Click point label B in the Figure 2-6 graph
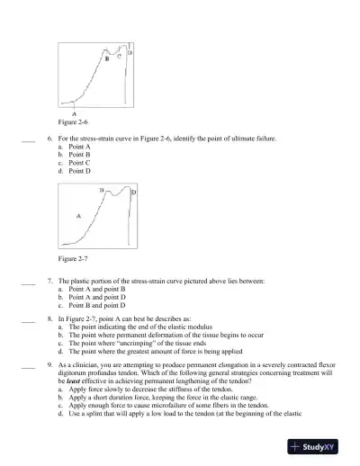click(108, 59)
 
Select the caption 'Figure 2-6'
click(73, 121)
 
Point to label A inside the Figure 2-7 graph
click(79, 216)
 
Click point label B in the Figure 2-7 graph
click(102, 191)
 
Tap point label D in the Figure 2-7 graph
click(134, 193)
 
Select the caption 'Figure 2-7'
click(73, 259)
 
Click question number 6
click(49, 139)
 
